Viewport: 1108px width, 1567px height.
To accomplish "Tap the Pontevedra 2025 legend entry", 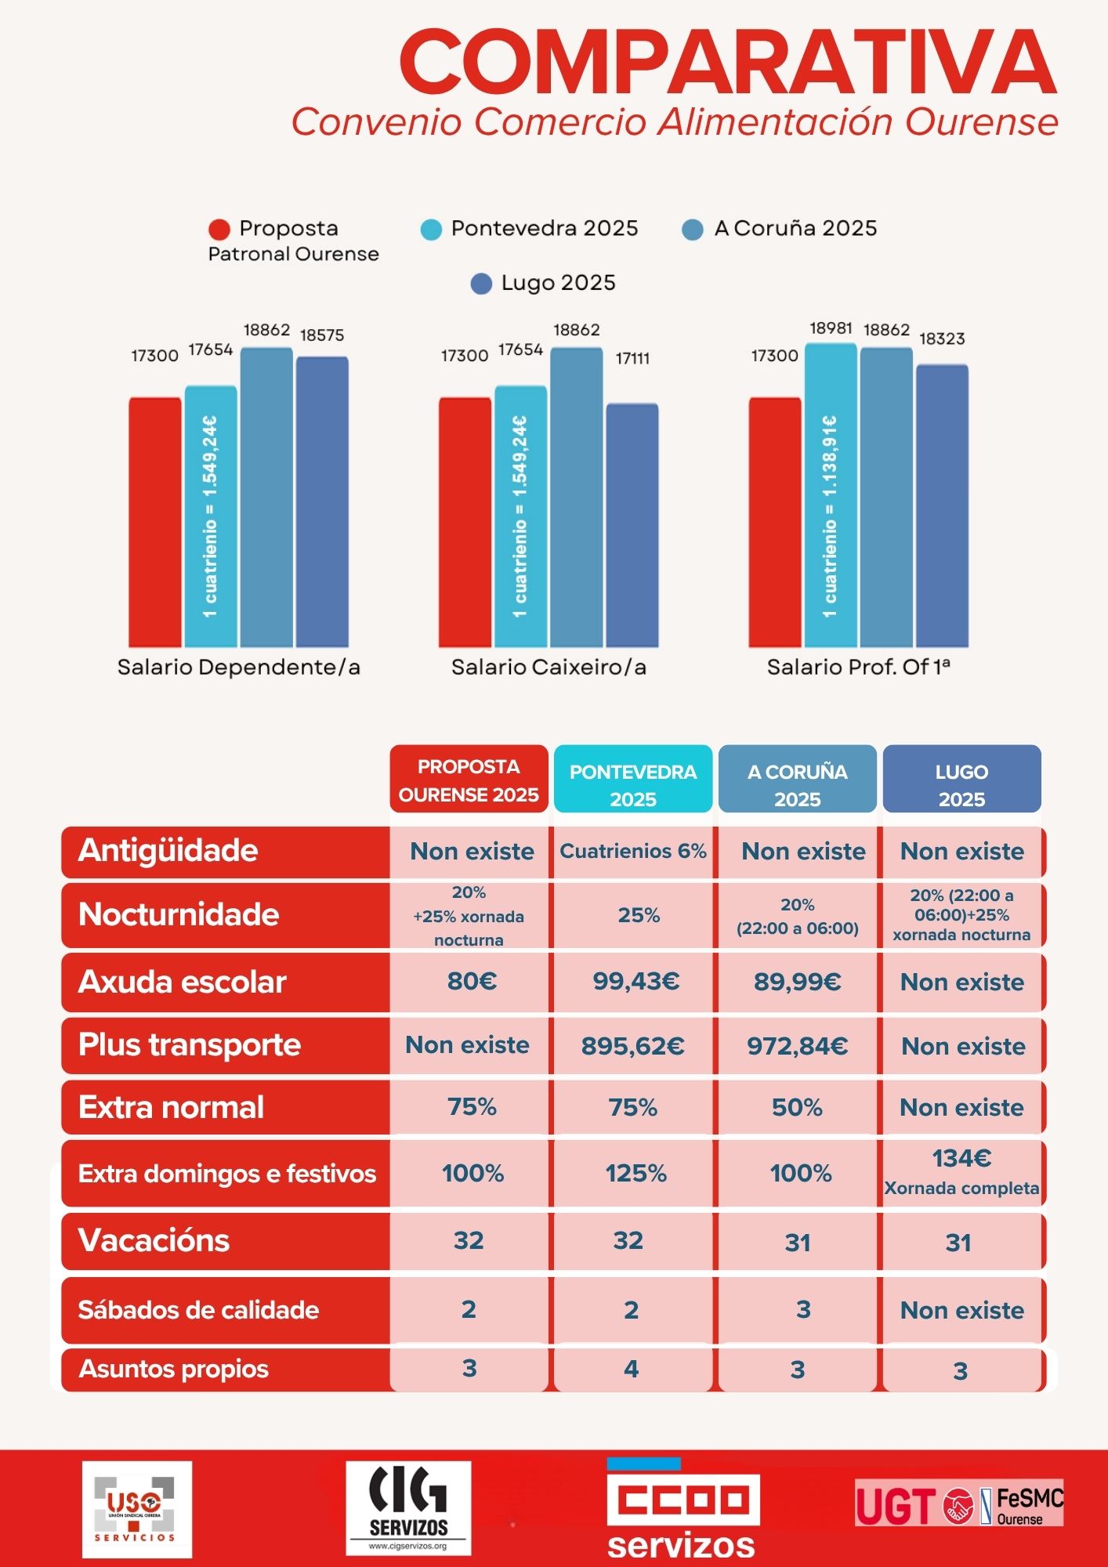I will pyautogui.click(x=530, y=229).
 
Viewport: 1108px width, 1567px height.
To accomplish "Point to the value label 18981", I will pyautogui.click(x=831, y=328).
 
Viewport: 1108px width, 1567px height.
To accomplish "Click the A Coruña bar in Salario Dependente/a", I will pyautogui.click(x=266, y=498).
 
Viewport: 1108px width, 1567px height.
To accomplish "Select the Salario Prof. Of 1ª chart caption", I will pyautogui.click(x=858, y=667).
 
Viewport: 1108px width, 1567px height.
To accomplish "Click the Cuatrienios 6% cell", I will pyautogui.click(x=632, y=852).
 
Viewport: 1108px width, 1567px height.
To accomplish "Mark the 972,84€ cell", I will pyautogui.click(x=797, y=1046).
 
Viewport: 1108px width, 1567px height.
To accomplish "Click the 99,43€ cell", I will pyautogui.click(x=635, y=982).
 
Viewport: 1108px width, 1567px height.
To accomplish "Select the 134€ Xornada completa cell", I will pyautogui.click(x=961, y=1172).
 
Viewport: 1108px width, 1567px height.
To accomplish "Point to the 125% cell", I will pyautogui.click(x=635, y=1173).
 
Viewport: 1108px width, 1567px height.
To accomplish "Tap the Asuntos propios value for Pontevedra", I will pyautogui.click(x=631, y=1369).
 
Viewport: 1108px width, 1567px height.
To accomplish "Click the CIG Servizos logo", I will pyautogui.click(x=408, y=1508).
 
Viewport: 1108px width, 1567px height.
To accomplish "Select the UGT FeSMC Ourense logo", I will pyautogui.click(x=958, y=1503).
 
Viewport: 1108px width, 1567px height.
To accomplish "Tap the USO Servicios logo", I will pyautogui.click(x=136, y=1509).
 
